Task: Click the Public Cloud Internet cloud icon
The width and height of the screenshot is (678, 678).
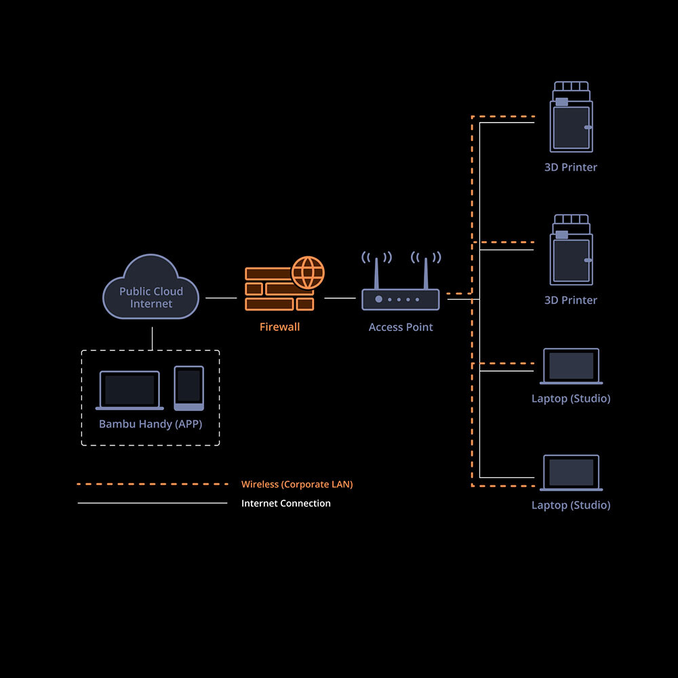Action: pyautogui.click(x=151, y=287)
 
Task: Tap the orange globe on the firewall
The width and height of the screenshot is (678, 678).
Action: pyautogui.click(x=308, y=273)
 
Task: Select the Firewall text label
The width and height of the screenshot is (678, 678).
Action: pyautogui.click(x=279, y=327)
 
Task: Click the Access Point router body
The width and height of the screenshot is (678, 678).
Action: pyautogui.click(x=400, y=299)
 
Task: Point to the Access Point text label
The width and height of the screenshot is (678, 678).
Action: pyautogui.click(x=401, y=327)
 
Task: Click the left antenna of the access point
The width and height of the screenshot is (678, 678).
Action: pyautogui.click(x=376, y=271)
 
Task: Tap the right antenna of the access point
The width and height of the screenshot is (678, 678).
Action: pyautogui.click(x=426, y=271)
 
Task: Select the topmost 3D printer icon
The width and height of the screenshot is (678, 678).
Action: pyautogui.click(x=571, y=118)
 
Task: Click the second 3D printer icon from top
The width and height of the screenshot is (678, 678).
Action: pyautogui.click(x=571, y=251)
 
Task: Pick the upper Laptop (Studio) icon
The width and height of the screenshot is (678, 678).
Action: pyautogui.click(x=571, y=366)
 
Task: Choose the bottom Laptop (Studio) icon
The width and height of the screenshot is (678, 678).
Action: pyautogui.click(x=571, y=473)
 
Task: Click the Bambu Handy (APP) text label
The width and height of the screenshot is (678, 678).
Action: pyautogui.click(x=151, y=424)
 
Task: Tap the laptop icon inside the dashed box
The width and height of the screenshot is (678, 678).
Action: pyautogui.click(x=129, y=391)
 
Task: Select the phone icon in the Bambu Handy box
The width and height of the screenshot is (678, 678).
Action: pyautogui.click(x=188, y=388)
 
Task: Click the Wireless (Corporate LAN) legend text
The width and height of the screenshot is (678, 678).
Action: pyautogui.click(x=297, y=484)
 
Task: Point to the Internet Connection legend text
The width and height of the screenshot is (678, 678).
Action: pyautogui.click(x=286, y=503)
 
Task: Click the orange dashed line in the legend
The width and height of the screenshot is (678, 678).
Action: pyautogui.click(x=153, y=484)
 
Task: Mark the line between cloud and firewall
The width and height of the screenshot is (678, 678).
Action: pyautogui.click(x=221, y=298)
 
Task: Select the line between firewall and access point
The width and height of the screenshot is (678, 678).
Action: pyautogui.click(x=340, y=298)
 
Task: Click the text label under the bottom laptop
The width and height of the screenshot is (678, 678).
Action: pyautogui.click(x=571, y=505)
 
